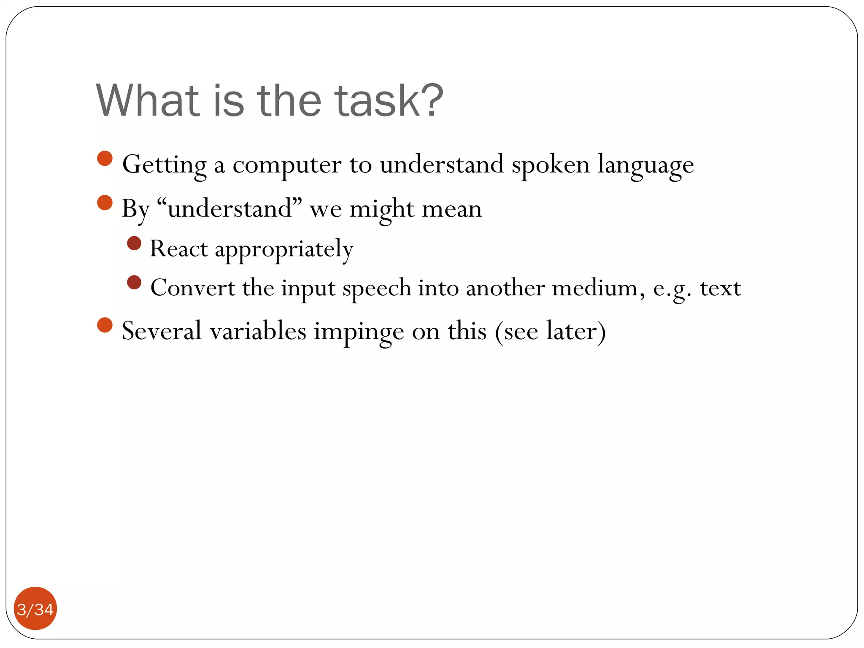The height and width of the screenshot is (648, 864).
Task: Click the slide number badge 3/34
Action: [x=35, y=609]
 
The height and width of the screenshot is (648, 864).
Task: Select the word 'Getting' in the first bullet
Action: [x=164, y=165]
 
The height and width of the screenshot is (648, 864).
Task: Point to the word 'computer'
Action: [x=287, y=165]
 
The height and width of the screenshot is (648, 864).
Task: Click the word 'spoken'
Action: [x=551, y=164]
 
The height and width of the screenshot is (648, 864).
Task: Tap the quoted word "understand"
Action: [x=229, y=208]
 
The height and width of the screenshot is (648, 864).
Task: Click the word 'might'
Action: [x=382, y=209]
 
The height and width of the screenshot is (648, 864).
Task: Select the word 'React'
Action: [x=179, y=248]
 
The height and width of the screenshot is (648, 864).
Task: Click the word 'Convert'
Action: [x=193, y=288]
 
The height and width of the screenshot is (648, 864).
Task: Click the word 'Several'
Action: [x=162, y=331]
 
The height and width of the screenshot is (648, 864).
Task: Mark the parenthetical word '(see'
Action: [x=516, y=332]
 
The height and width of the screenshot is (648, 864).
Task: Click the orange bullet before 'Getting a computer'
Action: [x=105, y=159]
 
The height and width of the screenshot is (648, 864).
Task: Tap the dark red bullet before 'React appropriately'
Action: [x=134, y=243]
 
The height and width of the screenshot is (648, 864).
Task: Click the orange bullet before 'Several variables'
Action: [x=105, y=325]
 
